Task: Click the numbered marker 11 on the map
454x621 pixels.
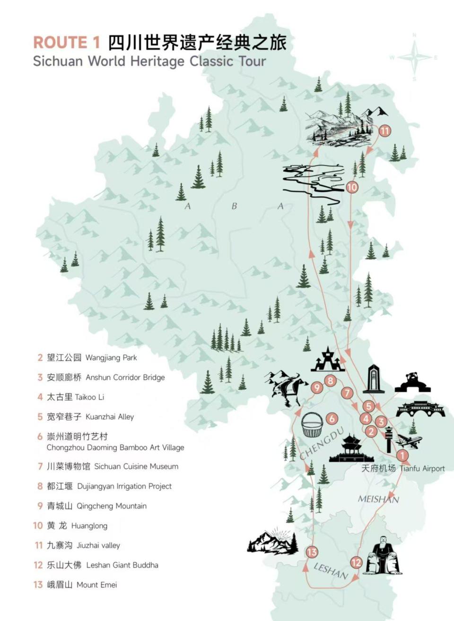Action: click(385, 131)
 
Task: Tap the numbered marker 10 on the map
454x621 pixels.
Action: click(352, 187)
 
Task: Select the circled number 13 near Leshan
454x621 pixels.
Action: click(312, 552)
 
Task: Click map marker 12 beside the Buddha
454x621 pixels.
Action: click(356, 562)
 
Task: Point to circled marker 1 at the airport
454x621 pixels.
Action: click(402, 456)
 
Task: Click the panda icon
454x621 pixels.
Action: click(412, 382)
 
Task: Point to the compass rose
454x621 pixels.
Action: click(414, 58)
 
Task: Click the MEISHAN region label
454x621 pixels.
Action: click(378, 499)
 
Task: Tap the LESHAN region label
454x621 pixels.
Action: click(331, 571)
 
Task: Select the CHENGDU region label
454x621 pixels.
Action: click(321, 442)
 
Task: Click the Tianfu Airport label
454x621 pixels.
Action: click(403, 468)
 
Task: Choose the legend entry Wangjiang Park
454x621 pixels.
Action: click(92, 358)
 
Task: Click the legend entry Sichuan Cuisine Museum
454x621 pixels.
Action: click(112, 466)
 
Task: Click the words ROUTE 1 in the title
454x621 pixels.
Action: click(67, 43)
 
